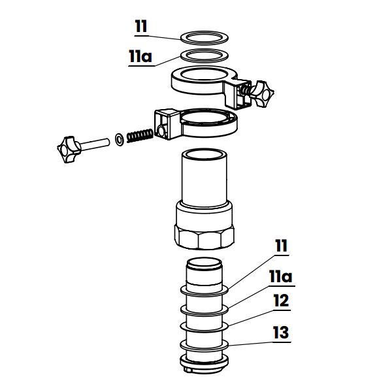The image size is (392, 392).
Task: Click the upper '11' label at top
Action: click(x=141, y=27)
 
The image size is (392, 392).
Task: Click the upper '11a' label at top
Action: click(x=140, y=57)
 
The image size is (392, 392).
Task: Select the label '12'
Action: click(x=280, y=302)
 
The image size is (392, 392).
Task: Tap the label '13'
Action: click(x=280, y=333)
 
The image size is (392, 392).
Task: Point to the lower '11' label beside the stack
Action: click(x=281, y=247)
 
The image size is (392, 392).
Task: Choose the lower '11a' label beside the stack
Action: click(x=281, y=276)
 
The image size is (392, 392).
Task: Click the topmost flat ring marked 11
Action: click(x=203, y=35)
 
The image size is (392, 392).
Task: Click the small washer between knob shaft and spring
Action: click(x=119, y=139)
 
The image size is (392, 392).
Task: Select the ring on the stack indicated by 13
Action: click(x=205, y=346)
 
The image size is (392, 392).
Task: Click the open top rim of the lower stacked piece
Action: click(x=205, y=264)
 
